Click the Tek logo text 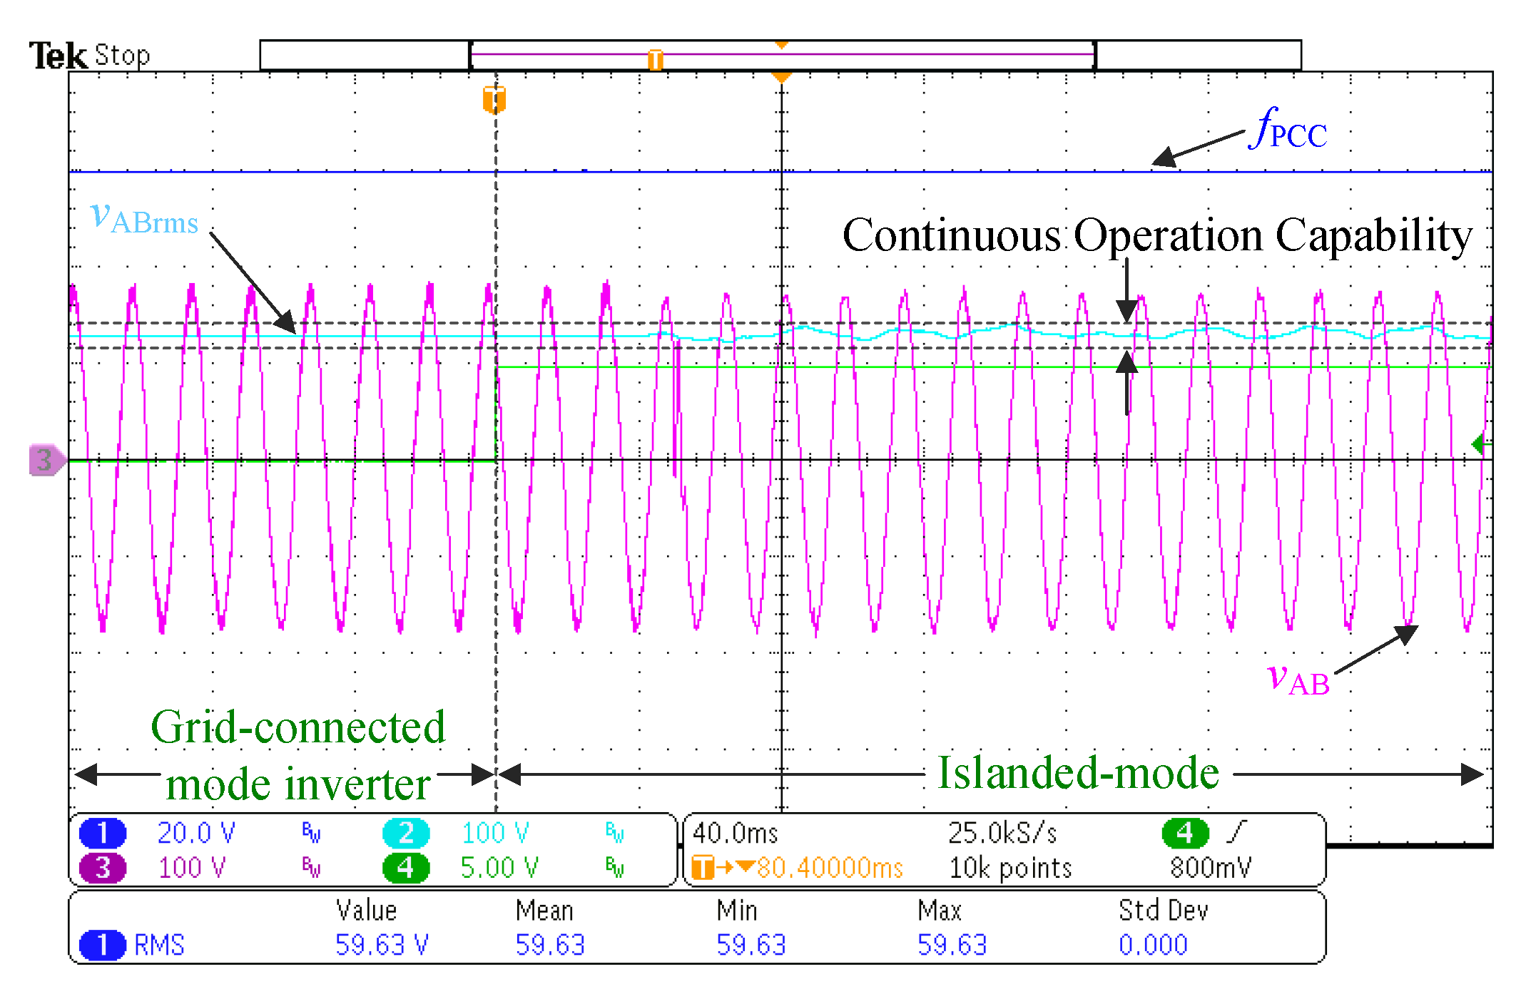pos(57,56)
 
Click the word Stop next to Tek pos(122,56)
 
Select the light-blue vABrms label pos(144,217)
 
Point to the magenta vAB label pos(1298,678)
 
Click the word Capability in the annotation pos(1373,235)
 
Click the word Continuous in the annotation pos(952,235)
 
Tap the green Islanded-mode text pos(1078,773)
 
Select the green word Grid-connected pos(298,728)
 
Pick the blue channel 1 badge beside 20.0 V pos(103,833)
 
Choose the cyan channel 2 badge pos(406,833)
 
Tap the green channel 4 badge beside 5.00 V pos(406,868)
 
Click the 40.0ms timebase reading pos(735,833)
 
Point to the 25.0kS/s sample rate pos(1002,833)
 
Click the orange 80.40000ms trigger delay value pos(830,868)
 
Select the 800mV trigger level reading pos(1210,868)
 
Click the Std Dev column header pos(1163,911)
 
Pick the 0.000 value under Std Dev pos(1153,945)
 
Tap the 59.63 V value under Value pos(382,945)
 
